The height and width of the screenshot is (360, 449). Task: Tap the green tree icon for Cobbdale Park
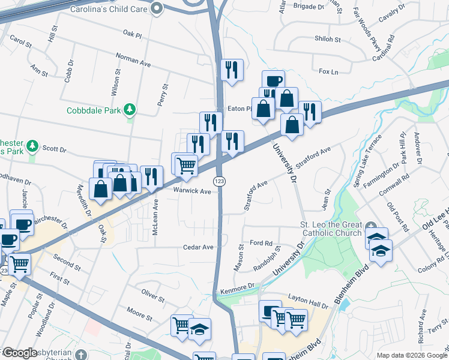coord(128,109)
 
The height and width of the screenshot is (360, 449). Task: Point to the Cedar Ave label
coord(199,247)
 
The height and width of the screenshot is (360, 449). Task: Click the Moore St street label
coord(140,312)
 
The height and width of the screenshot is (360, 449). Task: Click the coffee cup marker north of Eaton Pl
coord(273,80)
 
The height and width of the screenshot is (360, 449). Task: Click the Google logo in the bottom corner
coord(20,353)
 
